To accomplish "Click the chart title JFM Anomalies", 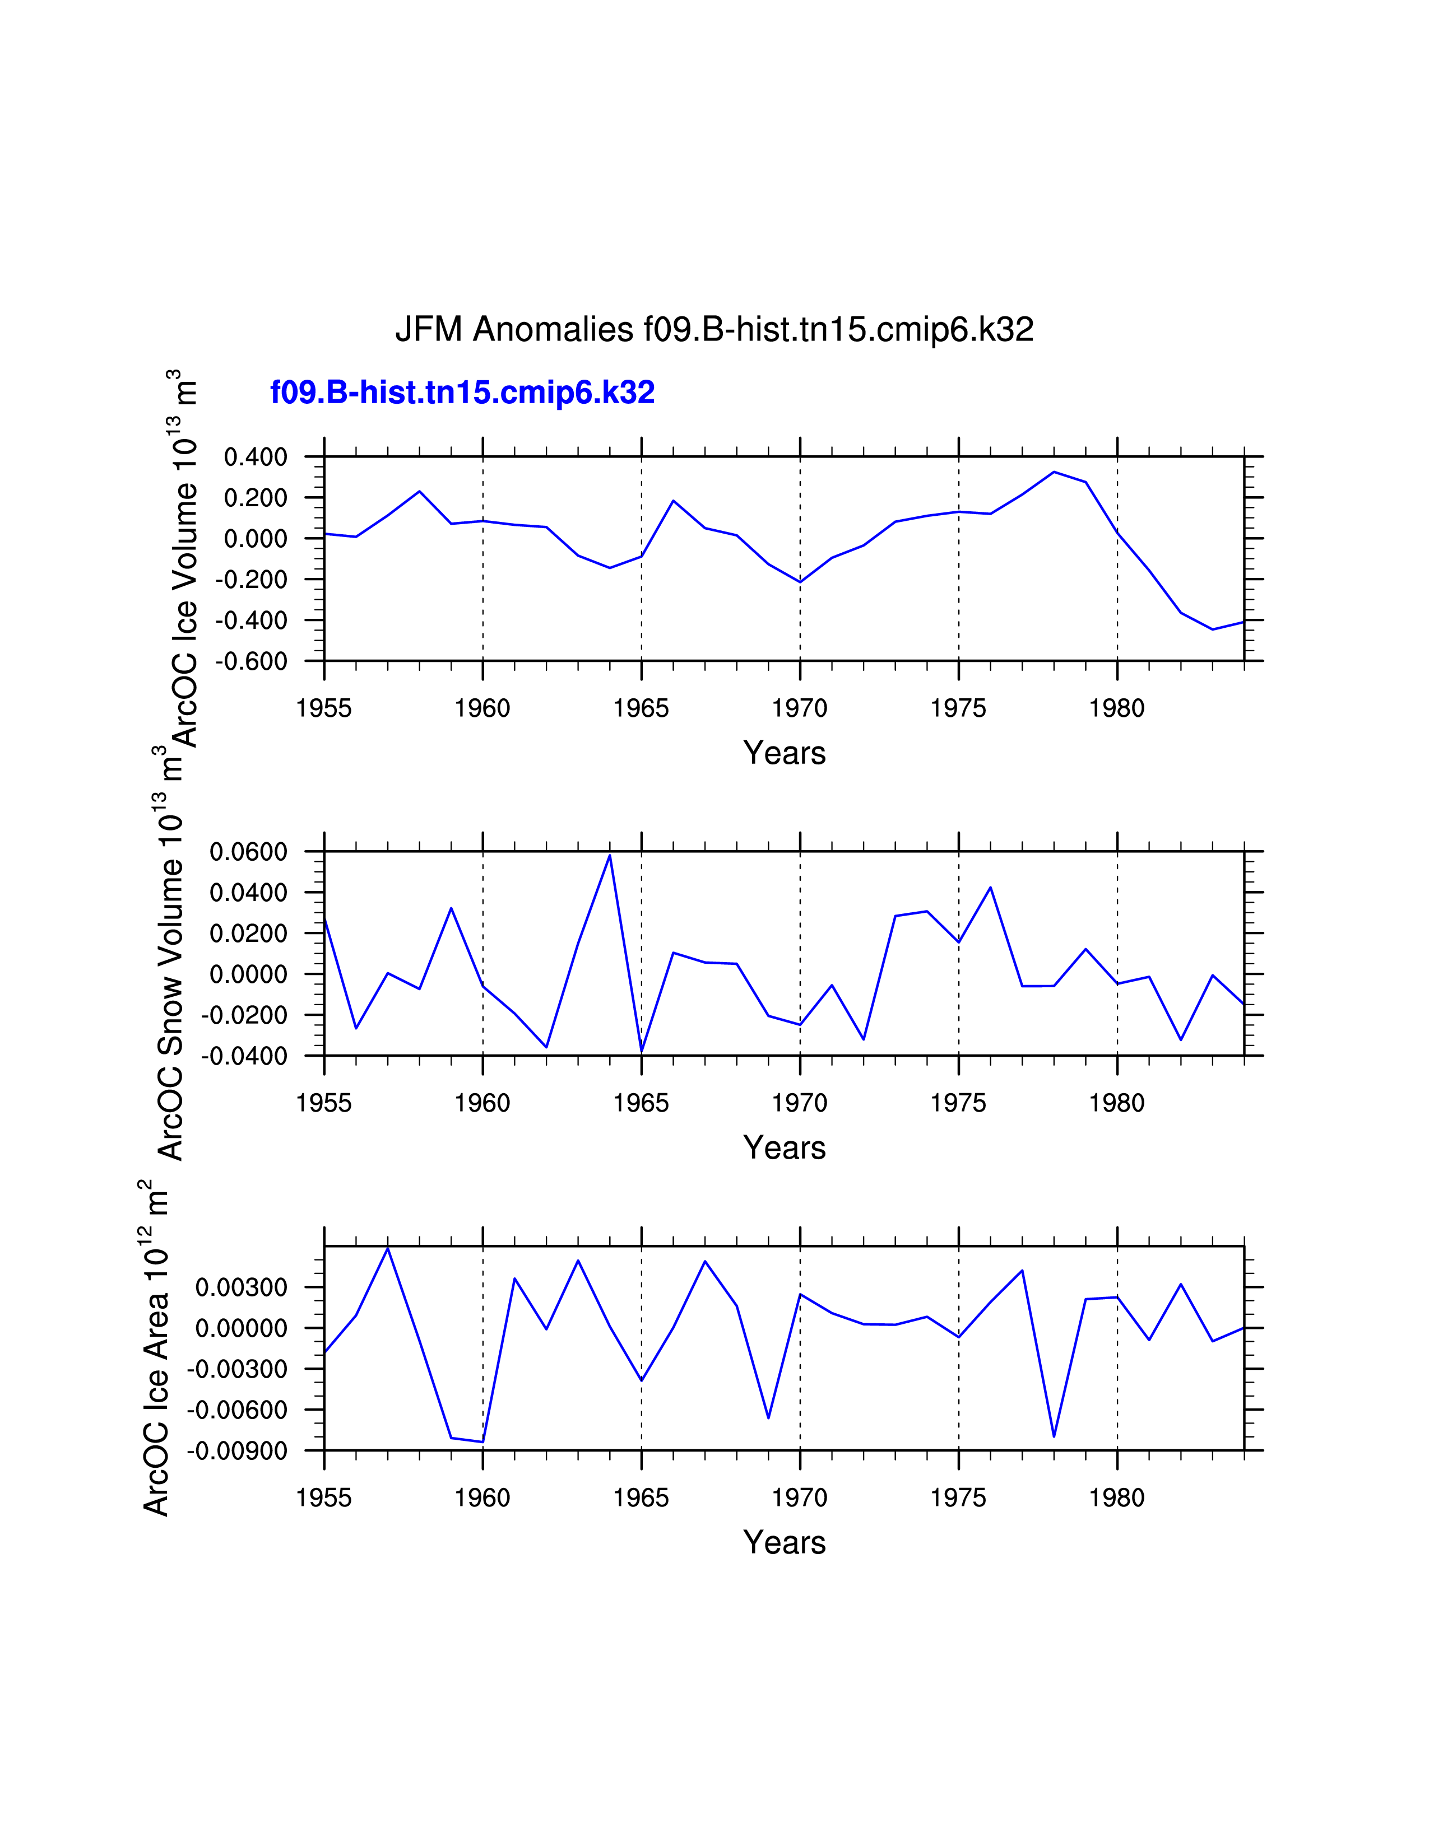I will click(x=713, y=329).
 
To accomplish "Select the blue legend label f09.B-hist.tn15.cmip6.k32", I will click(x=462, y=393).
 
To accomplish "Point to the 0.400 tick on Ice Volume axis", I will click(x=255, y=458).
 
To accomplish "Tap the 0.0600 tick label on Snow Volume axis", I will click(x=248, y=852).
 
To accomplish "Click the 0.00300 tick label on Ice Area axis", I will click(x=242, y=1288).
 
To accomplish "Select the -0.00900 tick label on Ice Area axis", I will click(x=237, y=1451).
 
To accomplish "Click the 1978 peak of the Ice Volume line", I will click(x=1054, y=472).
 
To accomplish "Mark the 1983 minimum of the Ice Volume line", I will click(x=1212, y=629).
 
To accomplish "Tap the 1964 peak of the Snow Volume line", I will click(x=610, y=856).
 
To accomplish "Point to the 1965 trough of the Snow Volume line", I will click(x=642, y=1052).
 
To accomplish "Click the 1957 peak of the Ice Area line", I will click(x=388, y=1248).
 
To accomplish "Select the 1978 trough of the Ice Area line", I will click(x=1054, y=1436).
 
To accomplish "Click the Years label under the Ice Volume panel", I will click(x=784, y=753).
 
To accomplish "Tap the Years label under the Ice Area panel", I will click(x=784, y=1543).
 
